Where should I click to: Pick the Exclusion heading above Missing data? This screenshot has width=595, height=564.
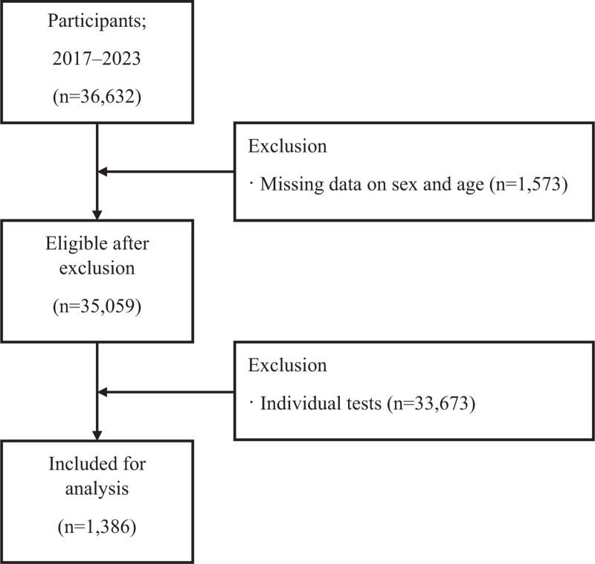tap(287, 147)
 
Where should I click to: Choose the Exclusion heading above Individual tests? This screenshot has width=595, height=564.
tap(287, 365)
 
